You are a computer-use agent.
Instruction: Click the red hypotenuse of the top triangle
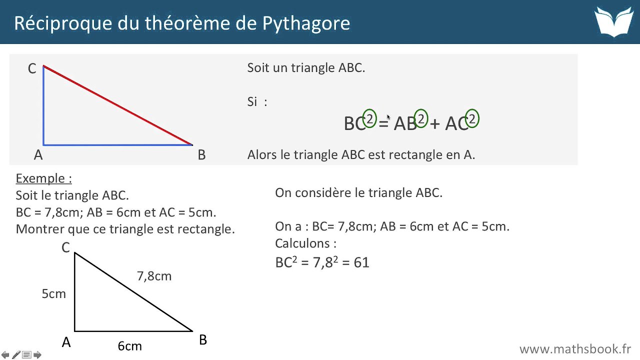pos(118,105)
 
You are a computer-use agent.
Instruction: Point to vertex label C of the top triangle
pos(32,69)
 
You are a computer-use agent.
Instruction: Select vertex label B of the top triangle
pos(201,155)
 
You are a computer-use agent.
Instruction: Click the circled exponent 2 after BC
pos(369,118)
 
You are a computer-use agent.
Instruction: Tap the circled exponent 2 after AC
pos(471,118)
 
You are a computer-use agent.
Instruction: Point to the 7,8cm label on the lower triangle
pos(154,276)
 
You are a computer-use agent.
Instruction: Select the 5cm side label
pos(53,294)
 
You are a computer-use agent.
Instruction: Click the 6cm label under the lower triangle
pos(129,346)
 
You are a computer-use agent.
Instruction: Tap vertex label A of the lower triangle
pos(66,342)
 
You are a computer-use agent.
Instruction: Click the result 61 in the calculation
pos(361,262)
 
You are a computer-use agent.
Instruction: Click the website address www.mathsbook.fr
pos(575,348)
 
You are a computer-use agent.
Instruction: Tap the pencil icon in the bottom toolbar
pos(16,355)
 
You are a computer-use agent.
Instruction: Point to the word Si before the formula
pos(252,102)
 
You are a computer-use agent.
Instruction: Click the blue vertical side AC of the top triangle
pos(43,105)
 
